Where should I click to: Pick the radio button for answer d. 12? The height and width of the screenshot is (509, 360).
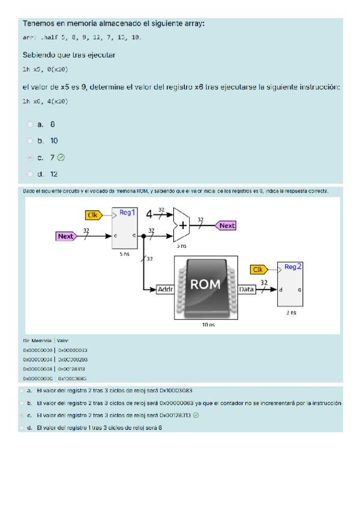coord(30,174)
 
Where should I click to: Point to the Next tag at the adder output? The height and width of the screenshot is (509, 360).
coord(226,226)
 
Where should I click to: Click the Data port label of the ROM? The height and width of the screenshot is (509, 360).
coord(247,290)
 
